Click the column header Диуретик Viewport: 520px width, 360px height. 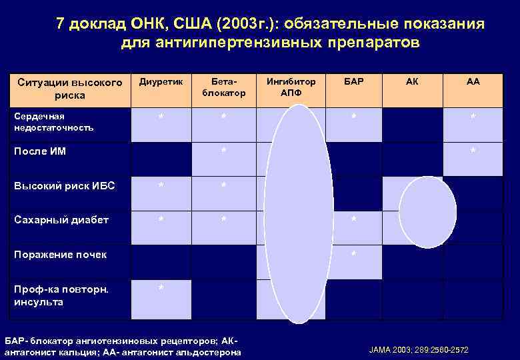(160, 82)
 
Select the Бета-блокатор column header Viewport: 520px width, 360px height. (223, 87)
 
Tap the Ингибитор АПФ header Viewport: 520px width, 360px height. (291, 87)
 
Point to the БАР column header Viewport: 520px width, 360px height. (354, 82)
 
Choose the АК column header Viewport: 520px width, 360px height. (413, 82)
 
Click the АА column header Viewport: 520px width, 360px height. (473, 82)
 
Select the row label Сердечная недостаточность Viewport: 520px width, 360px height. (54, 121)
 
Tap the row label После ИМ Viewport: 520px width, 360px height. (40, 151)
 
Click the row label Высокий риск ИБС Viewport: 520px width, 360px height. (64, 186)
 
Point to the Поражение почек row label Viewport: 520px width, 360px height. (60, 255)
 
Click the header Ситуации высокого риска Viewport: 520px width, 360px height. (70, 89)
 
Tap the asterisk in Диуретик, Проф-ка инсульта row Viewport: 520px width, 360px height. (161, 287)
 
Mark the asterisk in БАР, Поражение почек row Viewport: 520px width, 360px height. (353, 255)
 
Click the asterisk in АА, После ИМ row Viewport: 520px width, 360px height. (473, 151)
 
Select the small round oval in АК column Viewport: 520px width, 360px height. (427, 213)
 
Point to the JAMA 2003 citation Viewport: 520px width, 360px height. (419, 349)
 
